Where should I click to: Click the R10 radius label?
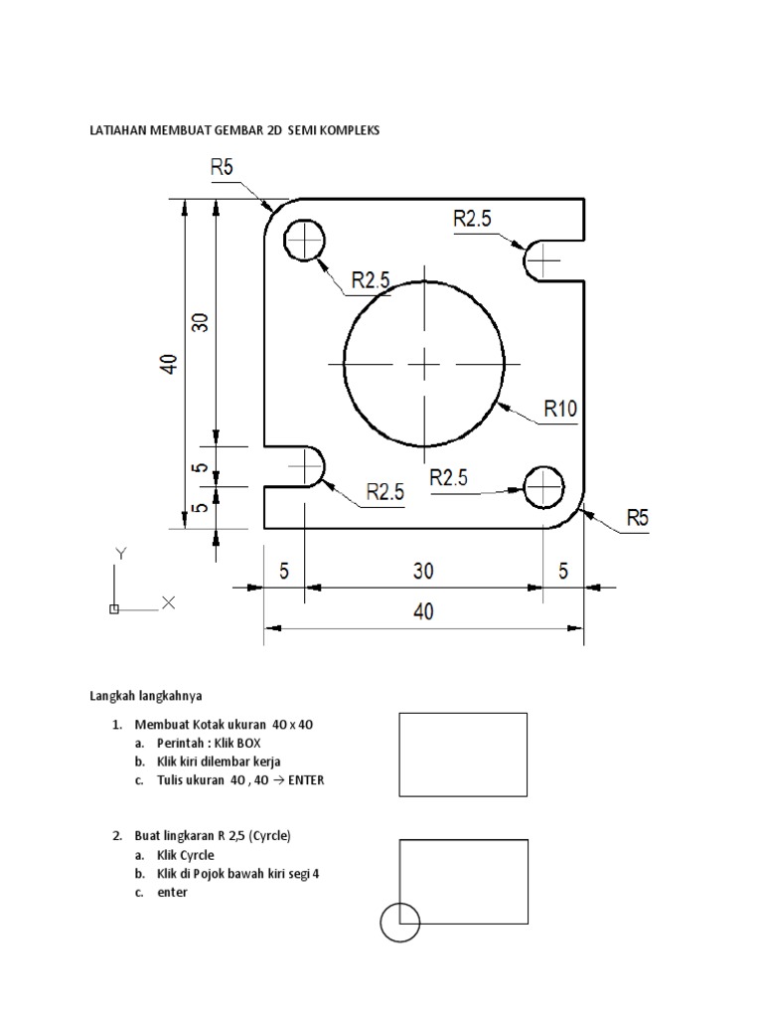click(559, 408)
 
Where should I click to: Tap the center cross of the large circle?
click(424, 365)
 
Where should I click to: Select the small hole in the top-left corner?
click(305, 240)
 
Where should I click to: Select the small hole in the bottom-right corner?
click(543, 485)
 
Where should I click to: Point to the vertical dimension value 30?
click(202, 321)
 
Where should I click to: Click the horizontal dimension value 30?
click(424, 572)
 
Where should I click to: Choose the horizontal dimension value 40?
click(424, 613)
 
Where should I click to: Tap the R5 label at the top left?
click(222, 169)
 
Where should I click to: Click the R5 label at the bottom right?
click(638, 517)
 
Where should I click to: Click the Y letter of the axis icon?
click(120, 552)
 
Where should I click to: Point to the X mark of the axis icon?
click(168, 601)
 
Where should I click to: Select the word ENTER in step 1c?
click(305, 780)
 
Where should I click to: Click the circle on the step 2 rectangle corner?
click(400, 922)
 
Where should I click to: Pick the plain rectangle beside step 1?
click(464, 755)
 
